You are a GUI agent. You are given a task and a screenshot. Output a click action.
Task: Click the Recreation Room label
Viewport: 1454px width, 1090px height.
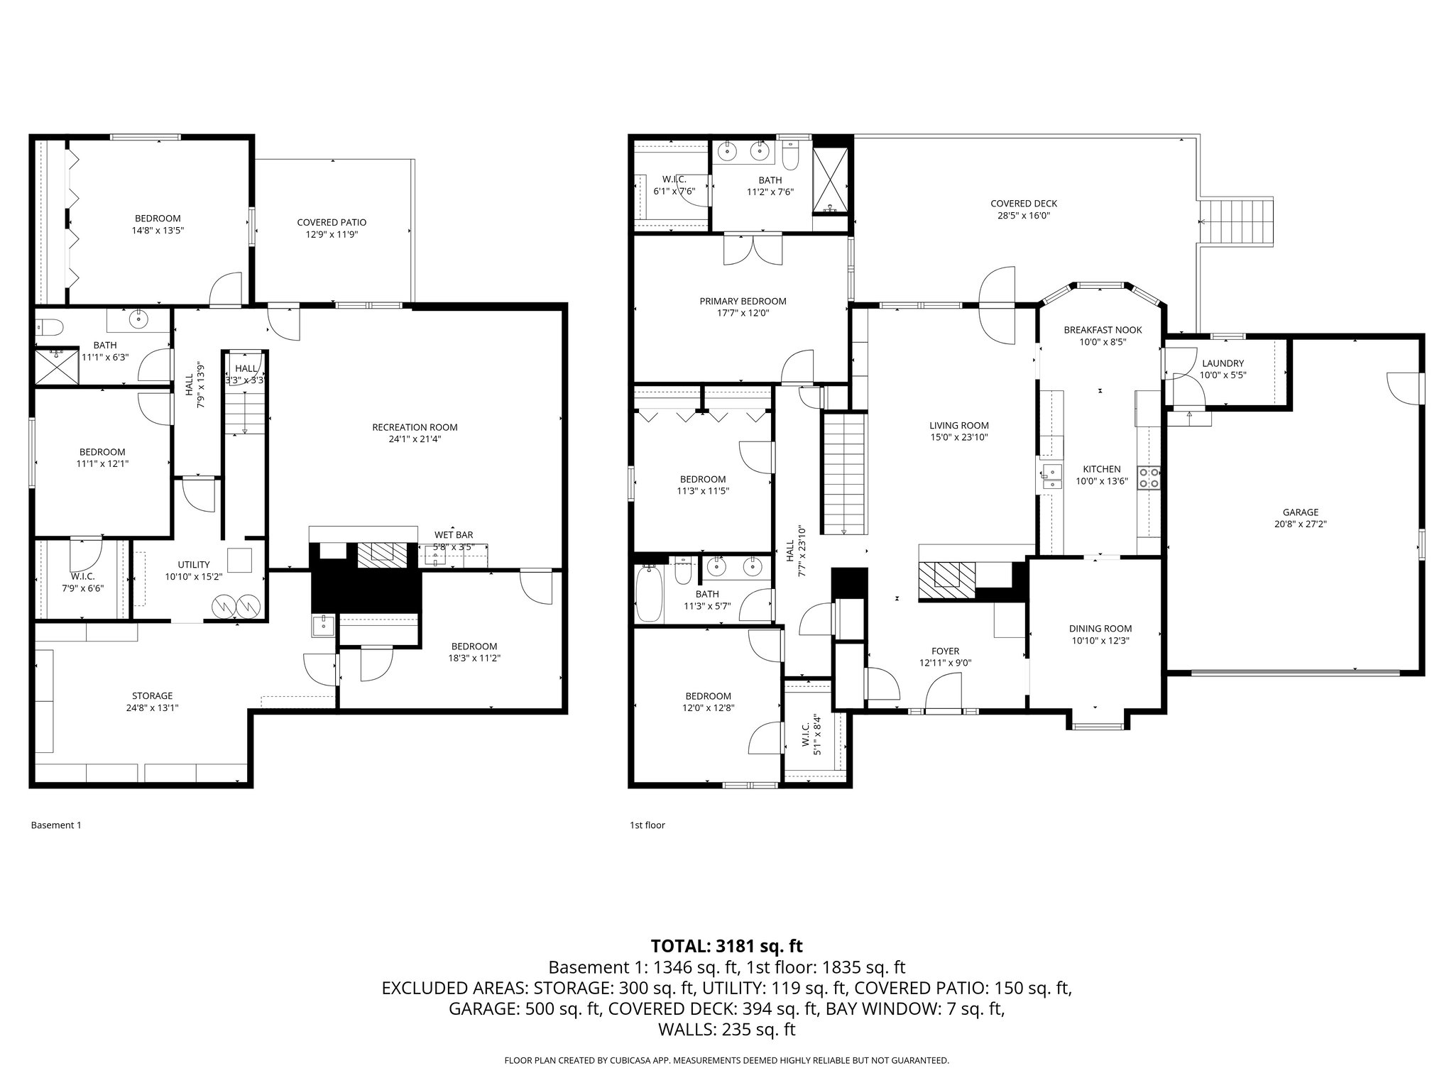click(x=415, y=427)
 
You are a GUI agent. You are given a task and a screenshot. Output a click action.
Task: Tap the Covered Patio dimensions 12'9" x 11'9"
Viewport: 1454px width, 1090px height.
click(x=332, y=234)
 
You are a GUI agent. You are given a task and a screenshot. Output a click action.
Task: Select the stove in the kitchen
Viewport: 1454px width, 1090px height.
click(x=1149, y=478)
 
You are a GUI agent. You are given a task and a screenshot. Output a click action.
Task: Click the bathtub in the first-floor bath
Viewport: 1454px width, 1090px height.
click(x=648, y=593)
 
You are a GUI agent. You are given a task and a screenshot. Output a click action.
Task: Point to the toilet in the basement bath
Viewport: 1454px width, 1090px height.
click(x=51, y=327)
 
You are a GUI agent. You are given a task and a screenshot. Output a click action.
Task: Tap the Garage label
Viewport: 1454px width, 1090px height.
click(x=1300, y=512)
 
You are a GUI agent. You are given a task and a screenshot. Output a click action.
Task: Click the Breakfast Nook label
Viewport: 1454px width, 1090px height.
click(x=1103, y=330)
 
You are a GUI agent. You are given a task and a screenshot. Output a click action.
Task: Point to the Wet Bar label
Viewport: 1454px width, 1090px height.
click(x=454, y=535)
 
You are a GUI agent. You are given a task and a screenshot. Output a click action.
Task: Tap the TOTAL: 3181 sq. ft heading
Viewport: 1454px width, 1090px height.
click(x=726, y=946)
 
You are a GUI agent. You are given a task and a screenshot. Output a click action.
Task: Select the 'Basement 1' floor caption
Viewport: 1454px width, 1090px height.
click(x=57, y=825)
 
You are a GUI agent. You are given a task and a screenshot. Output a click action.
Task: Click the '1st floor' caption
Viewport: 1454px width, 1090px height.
click(x=647, y=825)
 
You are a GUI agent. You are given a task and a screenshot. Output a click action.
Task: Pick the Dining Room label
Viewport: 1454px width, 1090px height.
click(x=1100, y=629)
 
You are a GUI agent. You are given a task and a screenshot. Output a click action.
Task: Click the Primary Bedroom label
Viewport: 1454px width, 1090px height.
click(x=743, y=301)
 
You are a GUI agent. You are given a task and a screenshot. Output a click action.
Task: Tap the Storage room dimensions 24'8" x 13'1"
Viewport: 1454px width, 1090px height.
click(x=152, y=708)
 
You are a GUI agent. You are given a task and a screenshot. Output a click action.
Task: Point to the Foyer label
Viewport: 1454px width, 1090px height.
click(x=945, y=651)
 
